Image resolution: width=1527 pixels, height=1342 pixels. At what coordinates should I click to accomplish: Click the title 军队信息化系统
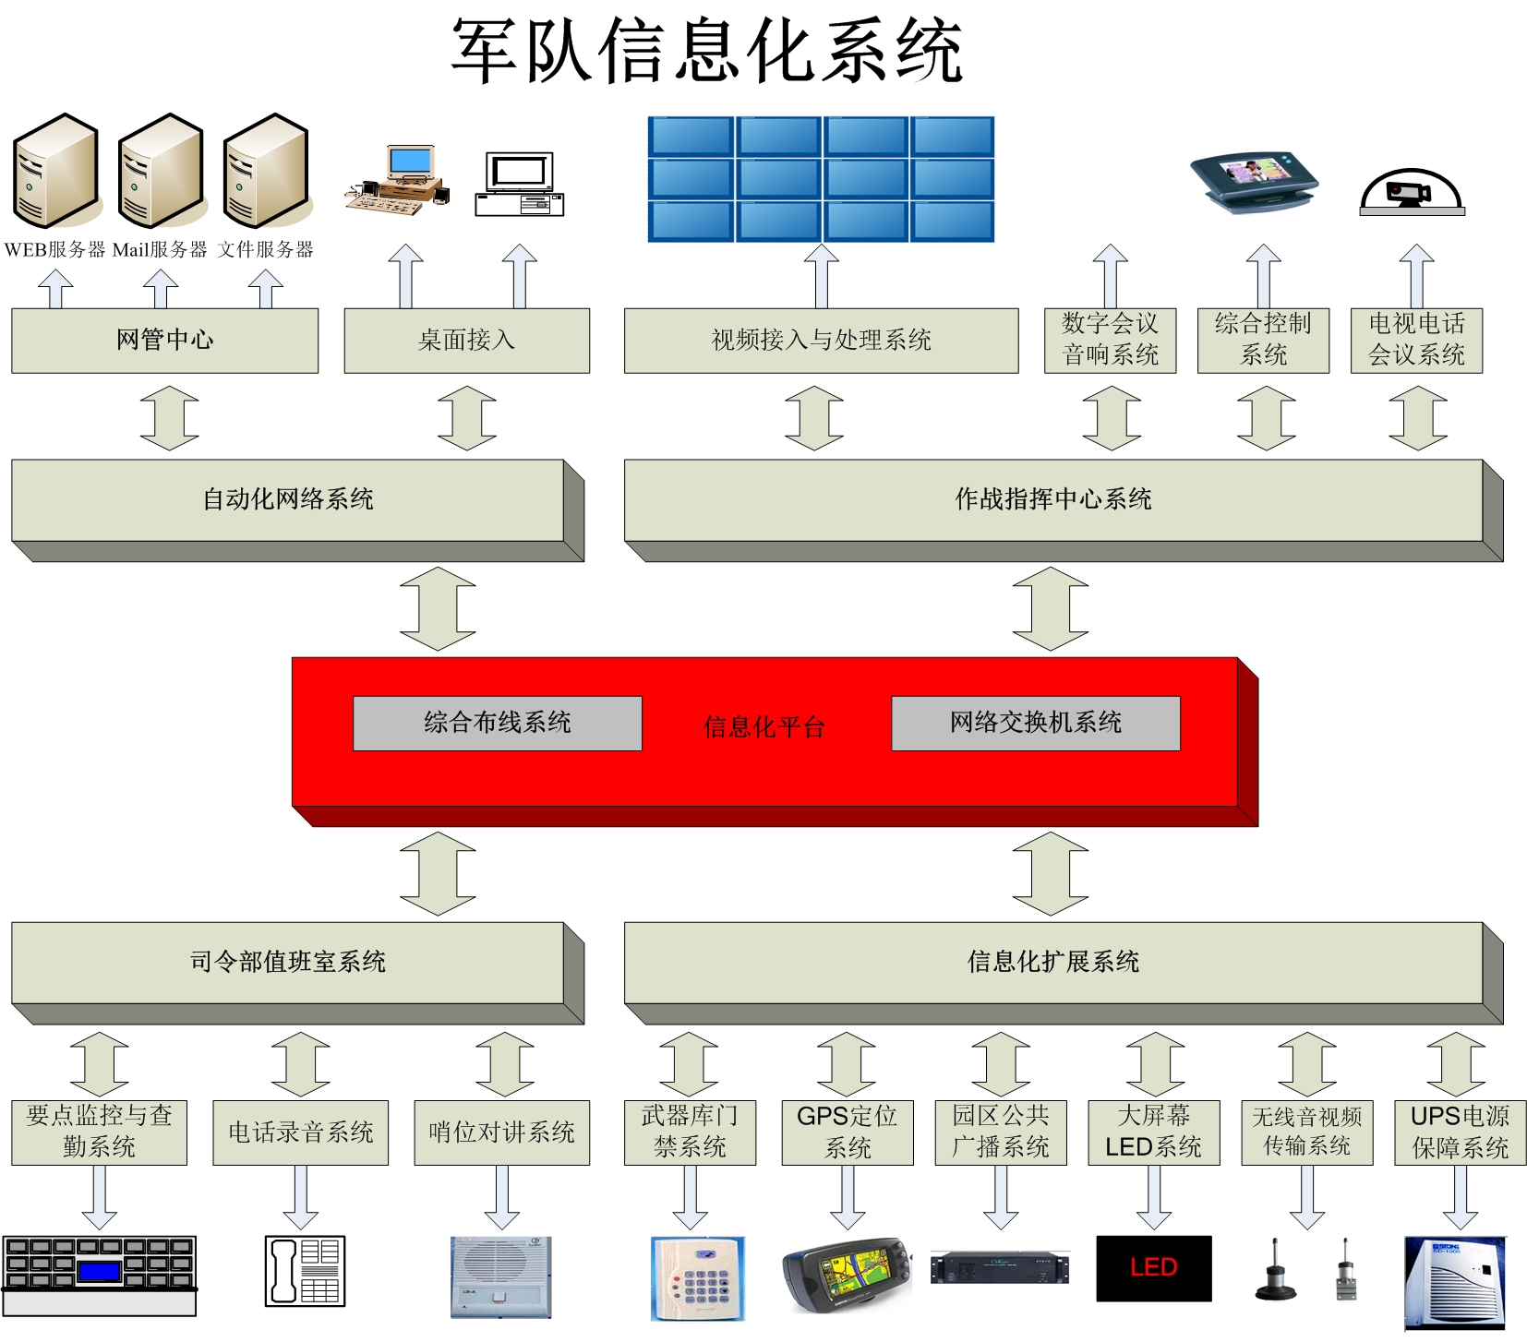coord(706,51)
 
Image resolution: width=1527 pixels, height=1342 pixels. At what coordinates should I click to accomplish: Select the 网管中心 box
coord(164,340)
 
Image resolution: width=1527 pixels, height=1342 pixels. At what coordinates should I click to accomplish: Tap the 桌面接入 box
coord(466,340)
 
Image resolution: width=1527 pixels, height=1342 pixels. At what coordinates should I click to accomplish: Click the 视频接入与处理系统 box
coord(821,340)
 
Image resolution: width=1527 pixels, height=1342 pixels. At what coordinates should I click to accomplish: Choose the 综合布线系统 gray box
coord(497,723)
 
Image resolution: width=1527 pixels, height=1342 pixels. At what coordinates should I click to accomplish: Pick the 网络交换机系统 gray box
coord(1035,723)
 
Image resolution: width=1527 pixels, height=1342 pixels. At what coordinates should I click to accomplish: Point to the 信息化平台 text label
coord(763,727)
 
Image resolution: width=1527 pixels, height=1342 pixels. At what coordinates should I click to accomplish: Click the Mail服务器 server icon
coord(161,171)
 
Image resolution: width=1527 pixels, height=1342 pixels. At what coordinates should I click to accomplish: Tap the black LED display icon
coord(1153,1268)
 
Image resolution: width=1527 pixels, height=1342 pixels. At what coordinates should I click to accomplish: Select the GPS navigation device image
coord(846,1274)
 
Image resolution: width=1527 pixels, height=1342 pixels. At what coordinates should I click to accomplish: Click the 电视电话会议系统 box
coord(1416,340)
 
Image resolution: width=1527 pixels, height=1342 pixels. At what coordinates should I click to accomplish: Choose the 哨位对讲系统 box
coord(501,1132)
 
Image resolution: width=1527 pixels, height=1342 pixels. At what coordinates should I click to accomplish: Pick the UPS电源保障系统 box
coord(1460,1132)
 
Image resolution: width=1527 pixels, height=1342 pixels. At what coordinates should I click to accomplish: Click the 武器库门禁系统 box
coord(690,1132)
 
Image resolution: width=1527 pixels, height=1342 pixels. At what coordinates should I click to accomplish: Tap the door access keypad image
coord(697,1278)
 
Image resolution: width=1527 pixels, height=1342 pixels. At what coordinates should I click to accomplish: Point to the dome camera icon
coord(1412,192)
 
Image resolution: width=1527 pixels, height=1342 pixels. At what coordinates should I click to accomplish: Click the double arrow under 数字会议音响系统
coord(1111,418)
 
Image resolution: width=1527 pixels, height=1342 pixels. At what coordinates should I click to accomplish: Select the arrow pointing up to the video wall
coord(821,275)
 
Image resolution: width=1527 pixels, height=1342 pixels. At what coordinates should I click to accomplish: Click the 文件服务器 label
coord(266,249)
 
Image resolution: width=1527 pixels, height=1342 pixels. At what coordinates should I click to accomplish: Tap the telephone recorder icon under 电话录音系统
coord(305,1271)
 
